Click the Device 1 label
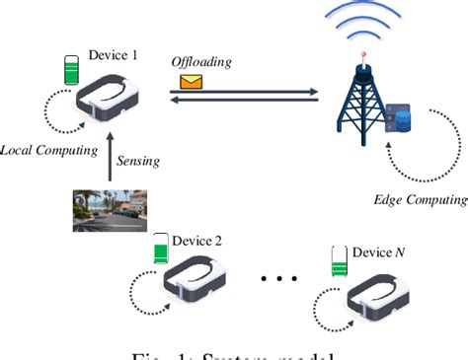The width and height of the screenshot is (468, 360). [111, 55]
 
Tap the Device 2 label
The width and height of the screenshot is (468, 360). [197, 240]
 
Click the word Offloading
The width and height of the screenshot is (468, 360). [202, 62]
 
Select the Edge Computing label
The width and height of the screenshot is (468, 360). [419, 199]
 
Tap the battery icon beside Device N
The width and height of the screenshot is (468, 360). [338, 261]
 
